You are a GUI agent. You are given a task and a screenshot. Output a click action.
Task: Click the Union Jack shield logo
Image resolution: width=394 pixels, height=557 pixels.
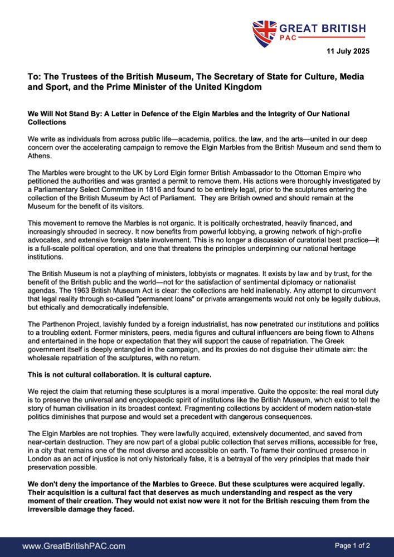(264, 33)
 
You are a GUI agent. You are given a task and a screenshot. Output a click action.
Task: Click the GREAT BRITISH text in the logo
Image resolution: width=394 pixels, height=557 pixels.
(322, 28)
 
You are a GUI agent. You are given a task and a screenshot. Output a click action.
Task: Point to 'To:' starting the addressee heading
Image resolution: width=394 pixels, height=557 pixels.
(35, 76)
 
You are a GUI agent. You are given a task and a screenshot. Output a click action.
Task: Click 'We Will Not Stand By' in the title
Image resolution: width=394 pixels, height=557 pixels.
(67, 114)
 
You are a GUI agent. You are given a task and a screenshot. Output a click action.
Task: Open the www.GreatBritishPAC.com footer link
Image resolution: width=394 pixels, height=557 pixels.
(74, 546)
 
